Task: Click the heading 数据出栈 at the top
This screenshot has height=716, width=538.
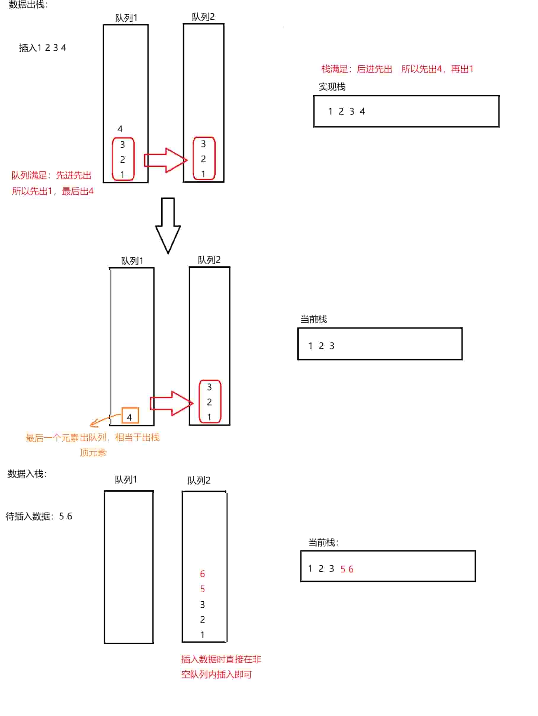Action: point(28,4)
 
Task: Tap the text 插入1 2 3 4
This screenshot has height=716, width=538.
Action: point(42,48)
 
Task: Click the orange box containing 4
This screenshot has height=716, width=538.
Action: point(130,415)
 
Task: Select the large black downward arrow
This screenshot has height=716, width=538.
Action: point(168,225)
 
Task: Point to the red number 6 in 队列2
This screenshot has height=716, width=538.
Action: point(202,574)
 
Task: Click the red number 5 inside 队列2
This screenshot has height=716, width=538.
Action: point(202,589)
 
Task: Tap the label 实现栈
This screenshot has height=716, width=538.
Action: point(332,87)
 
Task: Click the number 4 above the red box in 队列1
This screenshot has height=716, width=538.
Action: point(120,129)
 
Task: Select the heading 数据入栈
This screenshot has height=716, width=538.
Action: point(27,473)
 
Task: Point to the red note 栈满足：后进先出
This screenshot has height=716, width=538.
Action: point(357,69)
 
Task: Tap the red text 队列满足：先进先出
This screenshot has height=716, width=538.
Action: point(52,175)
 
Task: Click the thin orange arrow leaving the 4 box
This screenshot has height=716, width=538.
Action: point(105,420)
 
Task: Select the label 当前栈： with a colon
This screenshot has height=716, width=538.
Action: point(323,542)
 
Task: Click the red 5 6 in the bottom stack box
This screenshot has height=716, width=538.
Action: point(347,569)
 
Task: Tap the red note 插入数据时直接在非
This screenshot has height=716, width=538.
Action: point(221,659)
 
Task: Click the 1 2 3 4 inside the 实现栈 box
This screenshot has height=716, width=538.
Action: point(346,112)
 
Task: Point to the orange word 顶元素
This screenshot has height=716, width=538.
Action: point(93,452)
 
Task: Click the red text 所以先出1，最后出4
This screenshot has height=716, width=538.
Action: point(53,191)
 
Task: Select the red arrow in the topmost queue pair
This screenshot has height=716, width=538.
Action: point(166,160)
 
